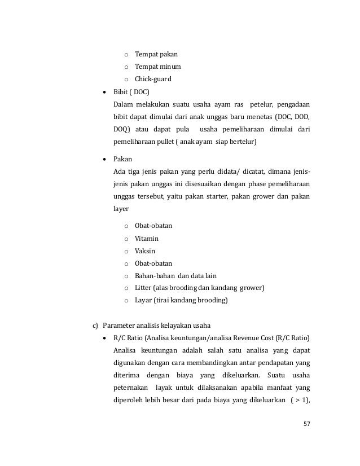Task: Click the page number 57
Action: click(x=306, y=424)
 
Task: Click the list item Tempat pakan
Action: click(x=156, y=55)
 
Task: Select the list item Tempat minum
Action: click(x=157, y=67)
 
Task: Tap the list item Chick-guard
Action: click(x=155, y=79)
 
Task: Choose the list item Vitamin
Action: click(x=146, y=239)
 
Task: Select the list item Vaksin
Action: click(x=144, y=250)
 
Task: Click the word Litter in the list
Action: click(x=143, y=288)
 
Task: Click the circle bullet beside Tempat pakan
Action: click(x=127, y=55)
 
